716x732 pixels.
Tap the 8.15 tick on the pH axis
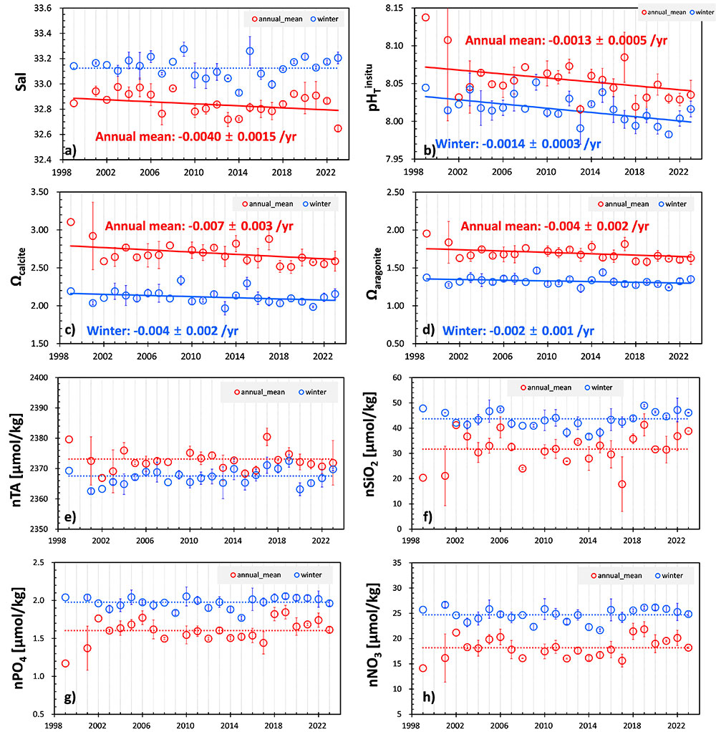396,8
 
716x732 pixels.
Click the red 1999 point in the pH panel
425,17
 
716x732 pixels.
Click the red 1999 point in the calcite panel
71,222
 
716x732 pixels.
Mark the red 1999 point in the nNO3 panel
422,668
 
